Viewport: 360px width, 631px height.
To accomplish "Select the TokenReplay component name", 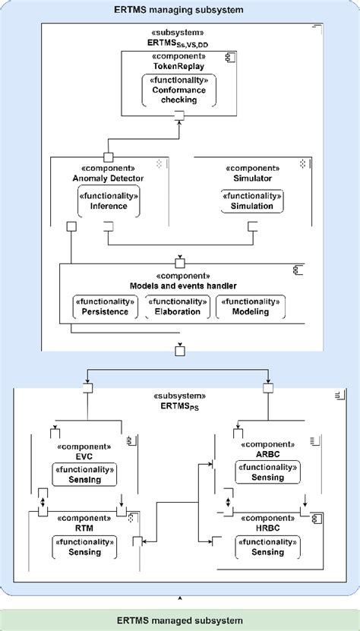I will tap(179, 66).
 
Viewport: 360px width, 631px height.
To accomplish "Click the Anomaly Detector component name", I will tap(109, 178).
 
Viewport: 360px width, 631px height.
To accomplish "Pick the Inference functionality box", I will tap(109, 201).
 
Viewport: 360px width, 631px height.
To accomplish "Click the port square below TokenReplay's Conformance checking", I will tap(179, 115).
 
